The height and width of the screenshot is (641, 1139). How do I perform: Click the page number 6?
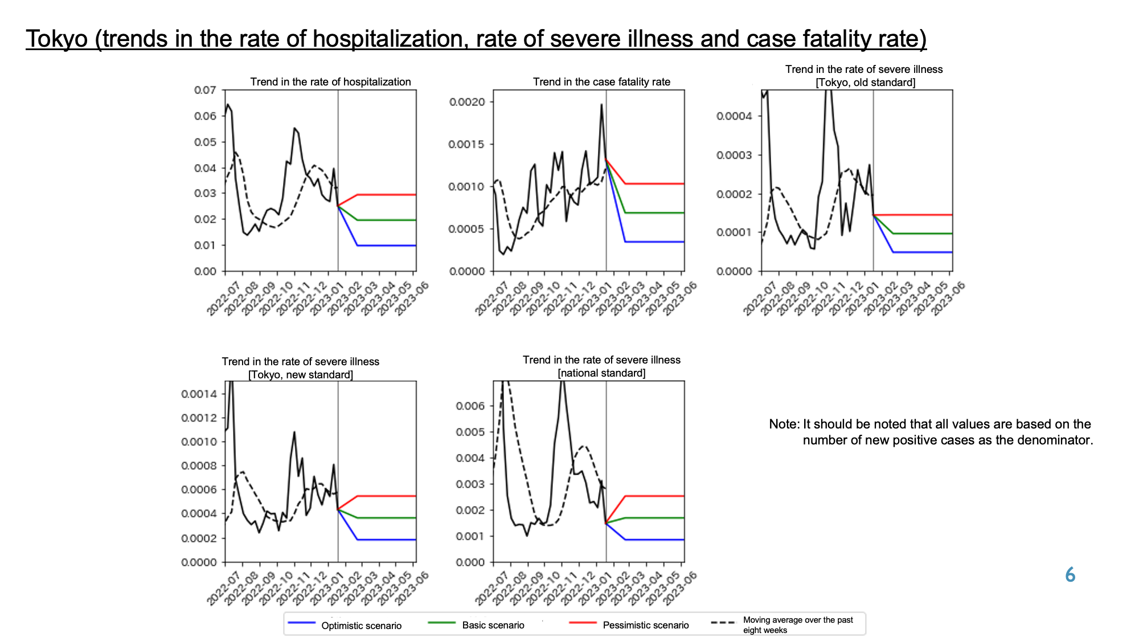(x=1070, y=575)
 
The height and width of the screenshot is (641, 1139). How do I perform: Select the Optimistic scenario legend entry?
(x=345, y=625)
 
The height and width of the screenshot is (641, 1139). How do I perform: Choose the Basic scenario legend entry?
(x=476, y=625)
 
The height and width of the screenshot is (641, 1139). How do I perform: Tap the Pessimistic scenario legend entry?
(x=629, y=625)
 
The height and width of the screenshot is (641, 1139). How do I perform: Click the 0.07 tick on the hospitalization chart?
(x=205, y=90)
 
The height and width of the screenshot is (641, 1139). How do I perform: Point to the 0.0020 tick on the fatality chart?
(x=467, y=102)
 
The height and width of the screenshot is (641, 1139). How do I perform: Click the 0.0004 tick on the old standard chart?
(x=734, y=116)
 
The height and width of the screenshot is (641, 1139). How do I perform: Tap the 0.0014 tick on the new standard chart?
(x=199, y=394)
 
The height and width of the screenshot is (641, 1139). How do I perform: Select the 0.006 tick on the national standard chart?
(x=470, y=406)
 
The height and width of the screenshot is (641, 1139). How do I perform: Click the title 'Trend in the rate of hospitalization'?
(x=330, y=81)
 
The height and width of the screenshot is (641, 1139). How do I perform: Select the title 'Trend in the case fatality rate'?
(x=601, y=81)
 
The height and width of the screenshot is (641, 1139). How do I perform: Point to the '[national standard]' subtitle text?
(x=601, y=373)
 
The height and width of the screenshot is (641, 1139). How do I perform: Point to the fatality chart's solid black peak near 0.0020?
(x=601, y=104)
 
